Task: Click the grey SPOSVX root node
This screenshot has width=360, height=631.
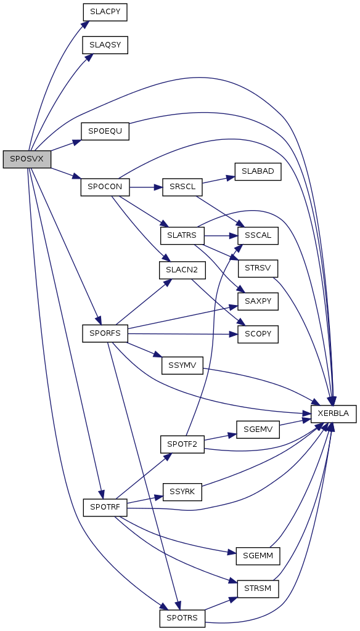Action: (x=27, y=159)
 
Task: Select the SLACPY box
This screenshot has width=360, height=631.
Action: (x=105, y=12)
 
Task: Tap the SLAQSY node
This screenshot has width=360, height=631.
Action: (x=105, y=44)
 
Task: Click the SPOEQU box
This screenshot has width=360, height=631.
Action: (x=105, y=131)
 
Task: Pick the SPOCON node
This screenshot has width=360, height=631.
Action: (x=105, y=187)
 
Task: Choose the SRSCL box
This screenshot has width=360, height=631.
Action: (x=182, y=187)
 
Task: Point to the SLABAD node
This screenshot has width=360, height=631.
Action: (x=258, y=171)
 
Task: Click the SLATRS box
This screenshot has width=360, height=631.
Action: (x=182, y=235)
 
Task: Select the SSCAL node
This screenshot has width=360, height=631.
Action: (x=258, y=235)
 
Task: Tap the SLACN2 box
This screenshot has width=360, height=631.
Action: (x=182, y=270)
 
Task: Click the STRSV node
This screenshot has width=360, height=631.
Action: (x=258, y=268)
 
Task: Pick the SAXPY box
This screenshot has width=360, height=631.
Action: (x=258, y=301)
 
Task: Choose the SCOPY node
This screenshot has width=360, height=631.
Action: (x=258, y=335)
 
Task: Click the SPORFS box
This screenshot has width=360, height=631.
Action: (x=105, y=333)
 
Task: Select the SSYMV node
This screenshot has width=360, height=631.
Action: (x=182, y=365)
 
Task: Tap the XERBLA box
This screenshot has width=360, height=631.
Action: (x=334, y=413)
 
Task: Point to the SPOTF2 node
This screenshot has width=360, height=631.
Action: (x=182, y=444)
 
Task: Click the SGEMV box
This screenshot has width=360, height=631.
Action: (x=258, y=429)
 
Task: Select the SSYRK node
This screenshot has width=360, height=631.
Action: (x=182, y=492)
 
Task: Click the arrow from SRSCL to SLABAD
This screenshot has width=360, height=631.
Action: (x=218, y=180)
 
